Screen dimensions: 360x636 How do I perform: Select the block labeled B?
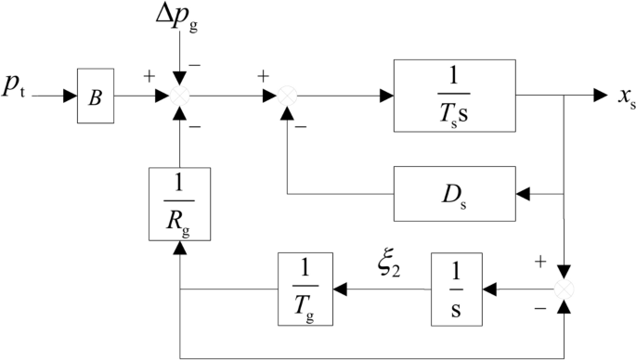96,95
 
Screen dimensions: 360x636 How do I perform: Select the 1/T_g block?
305,289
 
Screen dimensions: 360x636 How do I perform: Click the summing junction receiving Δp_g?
185,95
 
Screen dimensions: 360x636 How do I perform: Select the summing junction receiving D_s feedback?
289,95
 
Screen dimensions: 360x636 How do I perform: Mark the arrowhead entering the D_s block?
523,194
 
